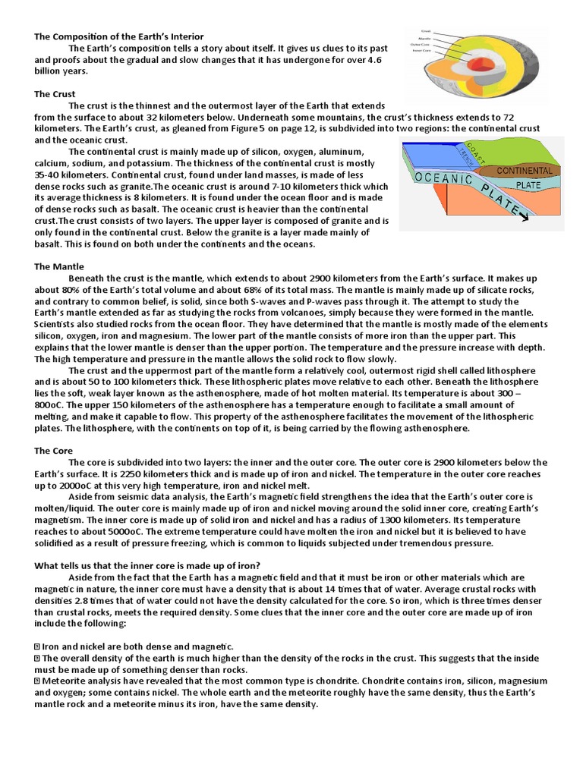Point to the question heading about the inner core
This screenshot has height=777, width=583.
click(148, 565)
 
